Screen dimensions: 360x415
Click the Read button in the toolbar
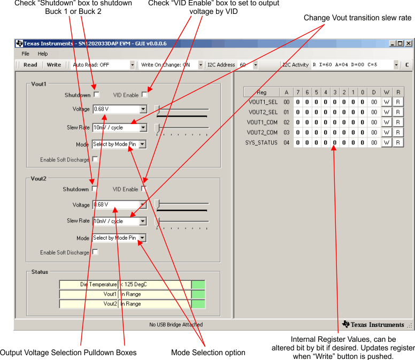coord(30,65)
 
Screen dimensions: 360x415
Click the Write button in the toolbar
coord(54,65)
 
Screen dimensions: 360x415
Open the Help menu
coord(43,53)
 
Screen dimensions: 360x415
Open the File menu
coord(26,53)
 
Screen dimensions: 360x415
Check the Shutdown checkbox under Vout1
coord(96,95)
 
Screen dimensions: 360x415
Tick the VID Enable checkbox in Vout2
coord(144,189)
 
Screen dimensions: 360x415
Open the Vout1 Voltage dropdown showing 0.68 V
coord(143,109)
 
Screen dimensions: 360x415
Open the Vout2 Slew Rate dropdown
coord(143,221)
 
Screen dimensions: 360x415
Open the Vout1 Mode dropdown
coord(143,144)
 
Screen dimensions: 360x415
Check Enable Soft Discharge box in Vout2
coord(95,252)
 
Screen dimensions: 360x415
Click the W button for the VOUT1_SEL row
coord(386,102)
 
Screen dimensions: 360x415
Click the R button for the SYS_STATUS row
coord(397,143)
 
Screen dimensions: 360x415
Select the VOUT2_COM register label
coord(262,132)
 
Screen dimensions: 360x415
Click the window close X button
coord(408,43)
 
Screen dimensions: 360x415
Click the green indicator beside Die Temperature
coord(198,285)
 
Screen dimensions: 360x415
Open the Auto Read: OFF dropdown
coord(133,65)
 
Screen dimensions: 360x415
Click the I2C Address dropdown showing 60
coord(255,65)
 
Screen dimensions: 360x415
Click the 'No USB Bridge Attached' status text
coord(176,324)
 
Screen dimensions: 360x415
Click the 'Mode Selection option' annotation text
coord(208,353)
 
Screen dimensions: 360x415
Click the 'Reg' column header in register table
coord(262,92)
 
